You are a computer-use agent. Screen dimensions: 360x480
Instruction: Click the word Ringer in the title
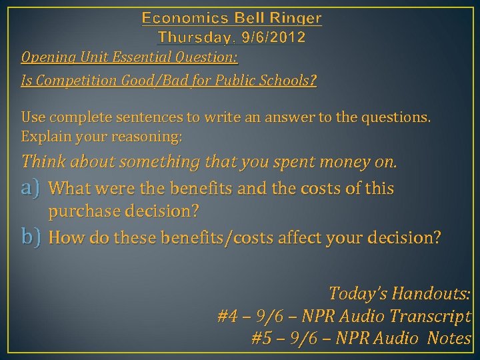[293, 18]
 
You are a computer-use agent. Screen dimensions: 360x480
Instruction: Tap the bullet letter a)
[33, 189]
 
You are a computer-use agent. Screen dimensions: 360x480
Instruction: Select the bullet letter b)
[33, 238]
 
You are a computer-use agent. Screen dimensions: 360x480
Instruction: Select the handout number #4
[228, 316]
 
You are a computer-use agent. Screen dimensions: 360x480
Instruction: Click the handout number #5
[263, 339]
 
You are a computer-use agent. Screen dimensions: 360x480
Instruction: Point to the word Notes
[450, 339]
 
